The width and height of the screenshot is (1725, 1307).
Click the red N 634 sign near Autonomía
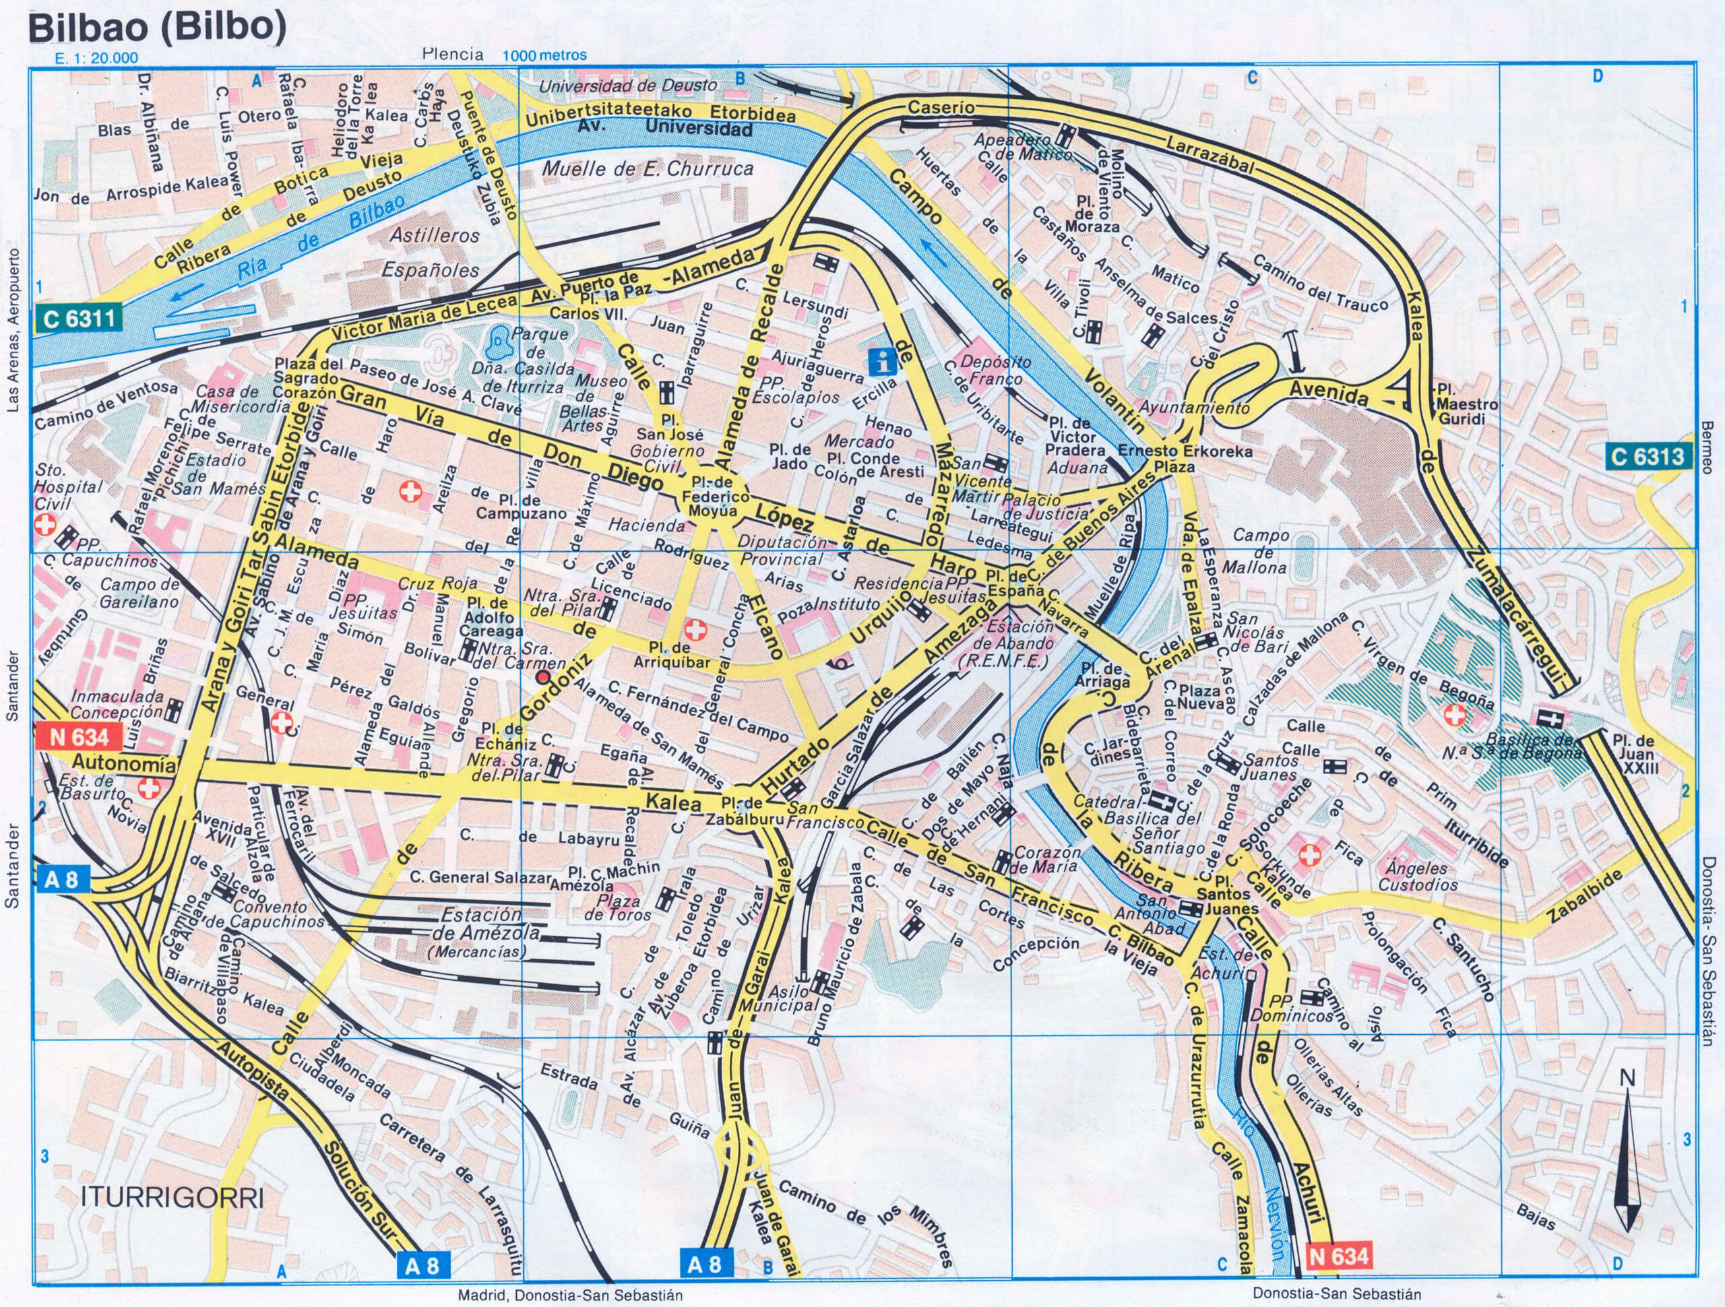pyautogui.click(x=79, y=736)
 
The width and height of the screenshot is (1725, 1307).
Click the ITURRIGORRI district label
pyautogui.click(x=172, y=1197)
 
